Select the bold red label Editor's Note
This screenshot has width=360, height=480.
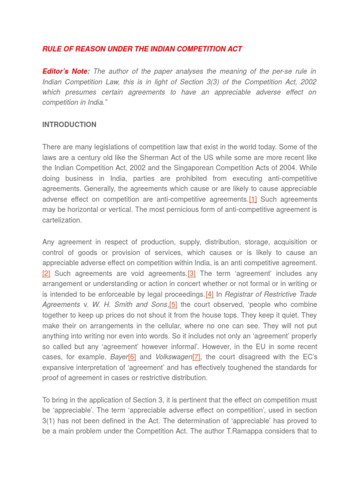(x=65, y=71)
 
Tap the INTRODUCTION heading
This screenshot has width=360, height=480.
(x=69, y=125)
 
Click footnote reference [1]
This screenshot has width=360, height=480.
(x=253, y=199)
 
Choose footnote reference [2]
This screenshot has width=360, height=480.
(x=46, y=273)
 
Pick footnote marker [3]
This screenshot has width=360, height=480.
(x=192, y=273)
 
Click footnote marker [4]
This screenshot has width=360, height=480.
(x=210, y=294)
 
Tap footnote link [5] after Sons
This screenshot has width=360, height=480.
(x=173, y=305)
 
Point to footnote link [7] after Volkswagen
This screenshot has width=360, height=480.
(x=196, y=357)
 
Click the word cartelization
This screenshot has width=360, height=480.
(x=62, y=220)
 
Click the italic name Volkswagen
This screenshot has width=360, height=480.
(x=173, y=357)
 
